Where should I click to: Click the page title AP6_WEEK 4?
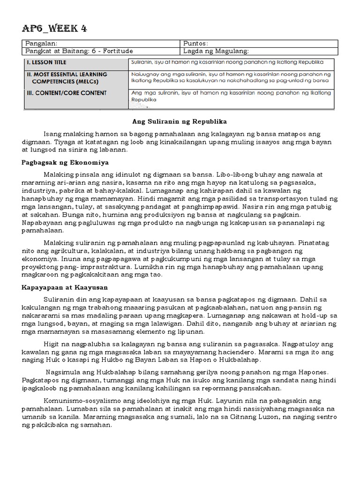(54, 29)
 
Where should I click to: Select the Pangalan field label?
(40, 43)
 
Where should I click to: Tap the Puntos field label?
(195, 43)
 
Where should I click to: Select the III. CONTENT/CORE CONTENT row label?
(66, 93)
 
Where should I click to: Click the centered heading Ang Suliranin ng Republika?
(180, 121)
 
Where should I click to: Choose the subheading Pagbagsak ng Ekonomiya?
(65, 163)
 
